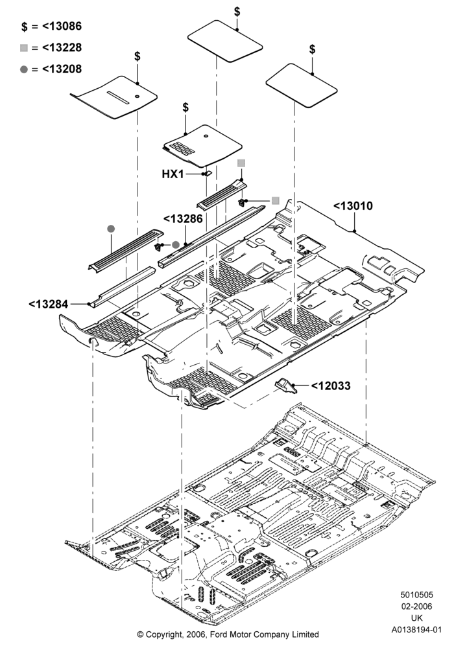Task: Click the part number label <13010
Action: tap(353, 206)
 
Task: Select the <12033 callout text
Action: tap(330, 386)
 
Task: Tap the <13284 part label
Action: tap(49, 304)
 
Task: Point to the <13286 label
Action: tap(183, 218)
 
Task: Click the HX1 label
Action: tap(173, 174)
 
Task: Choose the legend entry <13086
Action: tap(62, 27)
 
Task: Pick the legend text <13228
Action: tap(62, 47)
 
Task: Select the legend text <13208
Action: tap(62, 69)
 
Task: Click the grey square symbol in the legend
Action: tap(24, 48)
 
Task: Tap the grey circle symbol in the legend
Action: tap(24, 69)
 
